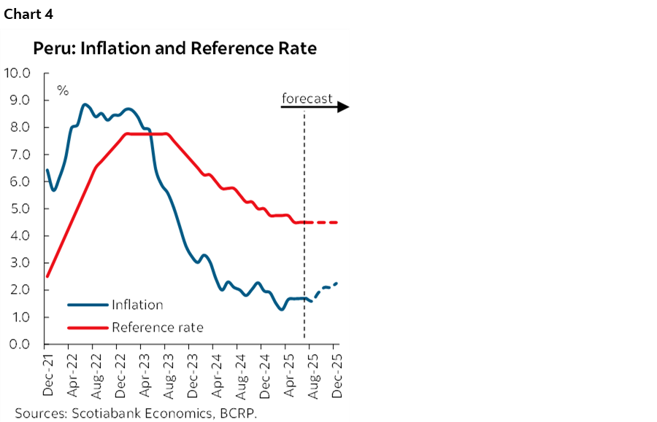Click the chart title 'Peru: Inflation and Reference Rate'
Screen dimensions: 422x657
[174, 49]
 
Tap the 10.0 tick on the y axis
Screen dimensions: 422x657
[18, 73]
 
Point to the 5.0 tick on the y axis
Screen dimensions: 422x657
[18, 208]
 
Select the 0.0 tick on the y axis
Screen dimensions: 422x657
[18, 344]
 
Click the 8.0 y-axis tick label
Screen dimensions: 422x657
[18, 128]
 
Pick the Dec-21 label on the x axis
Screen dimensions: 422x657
[47, 375]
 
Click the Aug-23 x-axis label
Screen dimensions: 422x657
[169, 375]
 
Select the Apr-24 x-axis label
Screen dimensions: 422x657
[217, 375]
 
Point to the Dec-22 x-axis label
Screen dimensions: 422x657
[120, 375]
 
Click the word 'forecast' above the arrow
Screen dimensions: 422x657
[307, 98]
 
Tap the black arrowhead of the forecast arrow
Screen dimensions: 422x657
[343, 108]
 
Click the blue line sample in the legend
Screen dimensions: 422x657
[88, 305]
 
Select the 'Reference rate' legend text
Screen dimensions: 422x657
[157, 327]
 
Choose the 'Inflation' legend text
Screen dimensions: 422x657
[137, 305]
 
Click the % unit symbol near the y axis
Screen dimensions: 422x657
[64, 91]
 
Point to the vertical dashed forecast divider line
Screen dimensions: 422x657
[304, 182]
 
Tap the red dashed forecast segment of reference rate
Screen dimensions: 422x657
[325, 222]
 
